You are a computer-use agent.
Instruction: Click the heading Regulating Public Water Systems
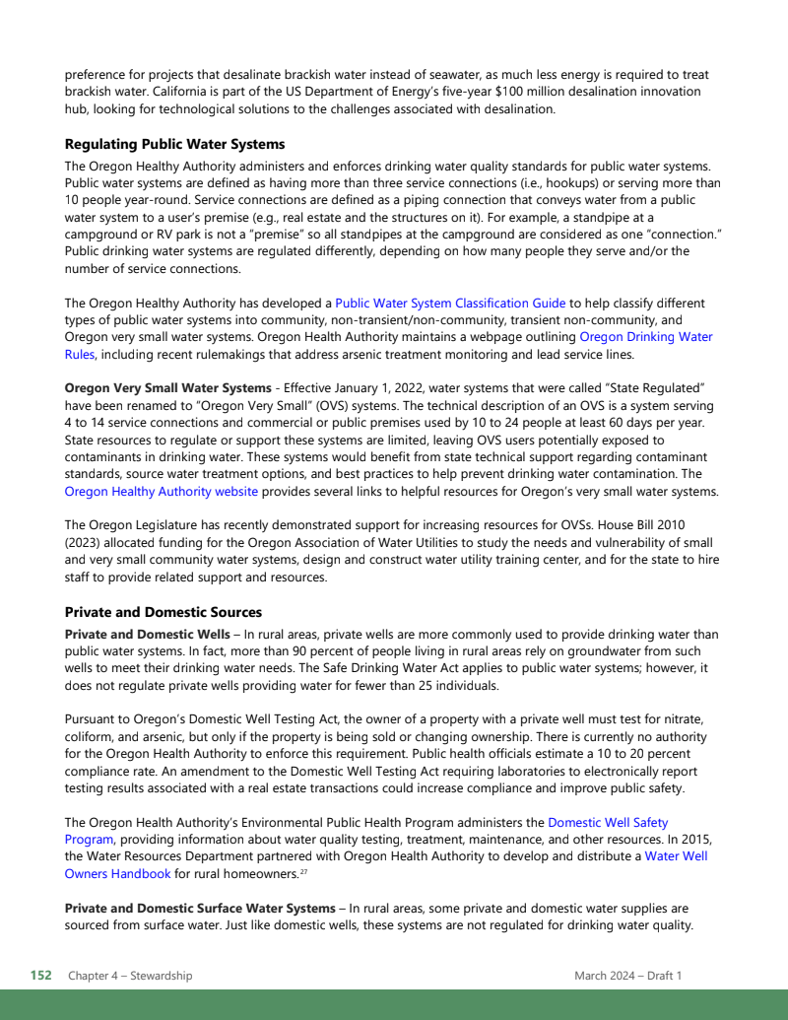(174, 144)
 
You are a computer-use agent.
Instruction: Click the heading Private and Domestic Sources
(163, 612)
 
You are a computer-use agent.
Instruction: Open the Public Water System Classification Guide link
(450, 304)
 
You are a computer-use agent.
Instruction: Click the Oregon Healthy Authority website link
(162, 492)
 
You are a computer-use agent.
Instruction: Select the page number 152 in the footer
(40, 976)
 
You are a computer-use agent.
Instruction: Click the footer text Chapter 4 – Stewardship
(130, 976)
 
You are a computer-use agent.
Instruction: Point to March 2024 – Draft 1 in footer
(627, 976)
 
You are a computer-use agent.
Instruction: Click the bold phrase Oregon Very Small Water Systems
(167, 388)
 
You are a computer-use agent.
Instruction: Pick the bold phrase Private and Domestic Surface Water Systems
(200, 908)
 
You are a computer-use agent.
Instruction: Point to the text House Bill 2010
(673, 526)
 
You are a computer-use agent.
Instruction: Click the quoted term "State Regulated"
(645, 388)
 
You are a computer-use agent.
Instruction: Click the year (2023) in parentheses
(88, 543)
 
